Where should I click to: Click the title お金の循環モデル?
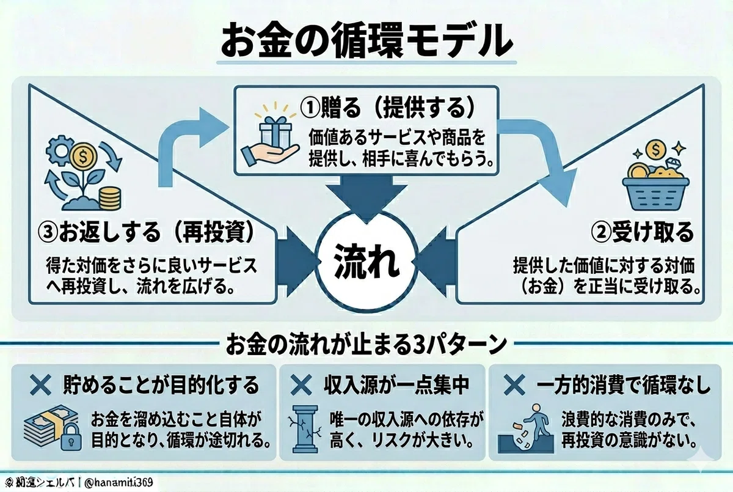[366, 43]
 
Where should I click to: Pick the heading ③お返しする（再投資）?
[146, 233]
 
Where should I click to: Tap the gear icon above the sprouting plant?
[59, 150]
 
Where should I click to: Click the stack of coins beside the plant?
[110, 198]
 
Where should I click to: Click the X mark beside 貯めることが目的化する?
[40, 385]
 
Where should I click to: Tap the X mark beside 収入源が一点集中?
[301, 385]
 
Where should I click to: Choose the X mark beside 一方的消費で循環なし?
[514, 385]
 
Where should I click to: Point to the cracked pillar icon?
[305, 429]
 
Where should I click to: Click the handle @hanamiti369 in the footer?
[119, 482]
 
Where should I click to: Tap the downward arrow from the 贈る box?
[366, 196]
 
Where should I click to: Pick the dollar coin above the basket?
[656, 150]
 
